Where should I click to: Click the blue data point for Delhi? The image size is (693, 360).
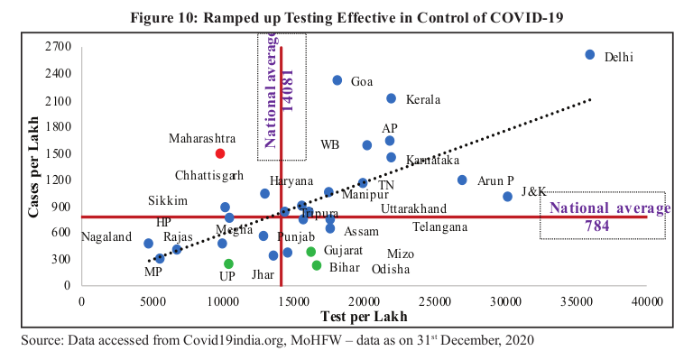tap(590, 55)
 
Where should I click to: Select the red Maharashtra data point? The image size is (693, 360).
tap(220, 154)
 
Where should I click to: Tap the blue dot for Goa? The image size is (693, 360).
tap(337, 80)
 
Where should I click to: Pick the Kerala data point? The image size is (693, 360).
tap(392, 98)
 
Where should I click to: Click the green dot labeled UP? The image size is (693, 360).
tap(229, 264)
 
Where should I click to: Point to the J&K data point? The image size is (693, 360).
tap(507, 196)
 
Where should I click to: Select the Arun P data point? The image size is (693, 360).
tap(463, 180)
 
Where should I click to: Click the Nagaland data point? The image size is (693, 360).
tap(149, 244)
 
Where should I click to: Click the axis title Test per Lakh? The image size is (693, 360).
tap(364, 317)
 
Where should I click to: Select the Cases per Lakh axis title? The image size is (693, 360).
tap(32, 168)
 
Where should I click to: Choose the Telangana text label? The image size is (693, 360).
tap(439, 227)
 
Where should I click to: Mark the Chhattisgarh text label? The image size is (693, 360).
tap(209, 174)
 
